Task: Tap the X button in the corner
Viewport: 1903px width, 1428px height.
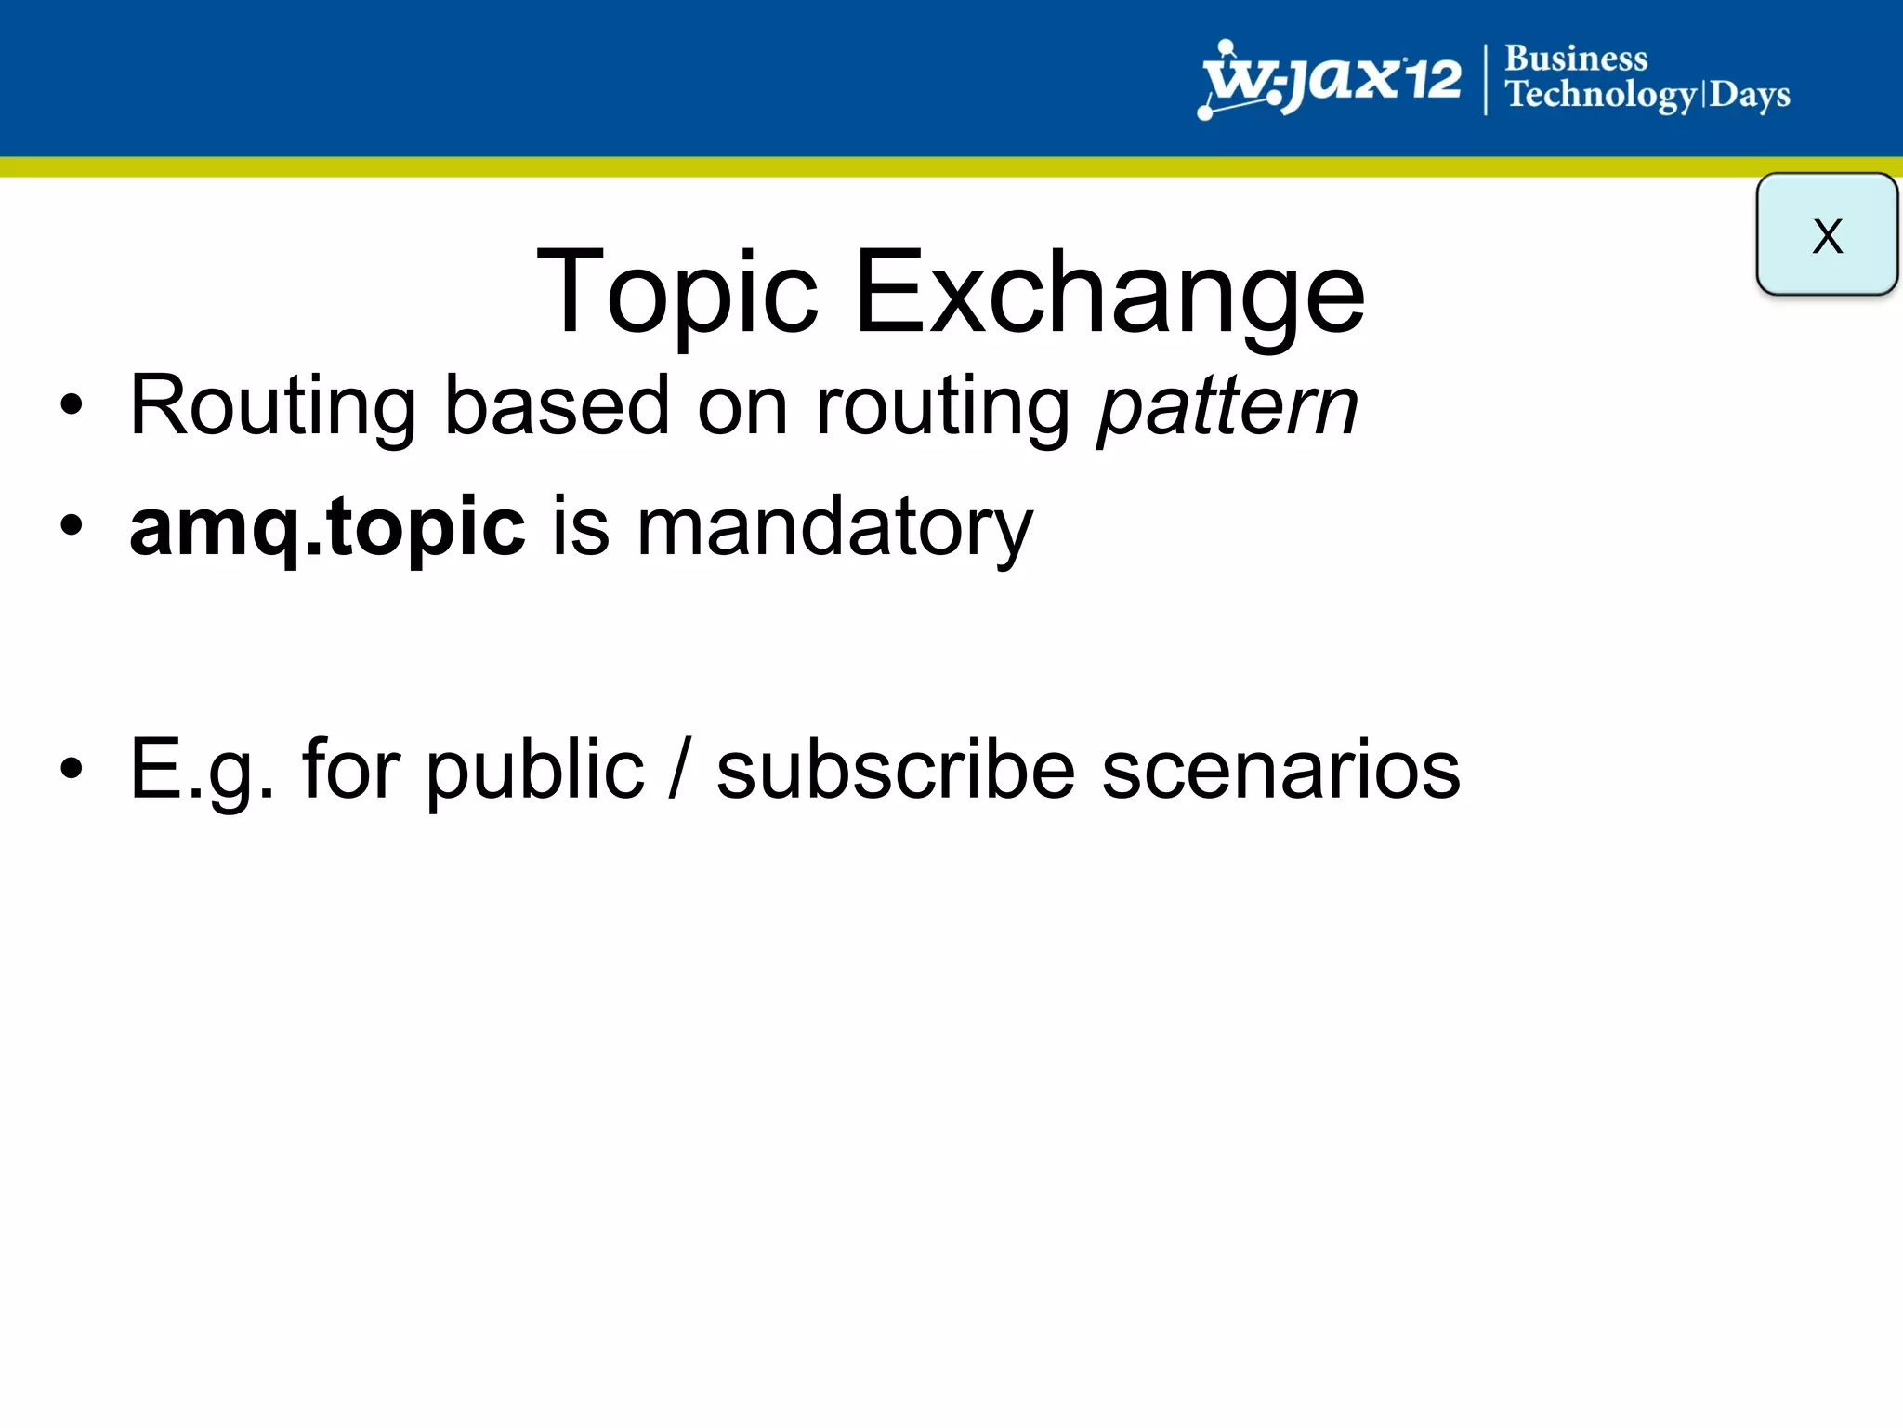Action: pyautogui.click(x=1826, y=234)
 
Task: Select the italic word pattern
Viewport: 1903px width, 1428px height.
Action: pyautogui.click(x=1227, y=407)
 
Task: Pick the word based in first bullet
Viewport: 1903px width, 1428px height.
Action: pyautogui.click(x=557, y=407)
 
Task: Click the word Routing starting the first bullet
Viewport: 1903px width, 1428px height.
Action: pyautogui.click(x=272, y=407)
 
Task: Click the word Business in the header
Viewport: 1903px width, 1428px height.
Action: pyautogui.click(x=1576, y=59)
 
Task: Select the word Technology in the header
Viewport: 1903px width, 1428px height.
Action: pyautogui.click(x=1601, y=96)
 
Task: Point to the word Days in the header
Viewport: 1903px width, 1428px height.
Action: pyautogui.click(x=1750, y=96)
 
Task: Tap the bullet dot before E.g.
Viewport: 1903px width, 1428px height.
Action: pyautogui.click(x=71, y=769)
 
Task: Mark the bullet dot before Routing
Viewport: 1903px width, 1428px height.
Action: pyautogui.click(x=71, y=405)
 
